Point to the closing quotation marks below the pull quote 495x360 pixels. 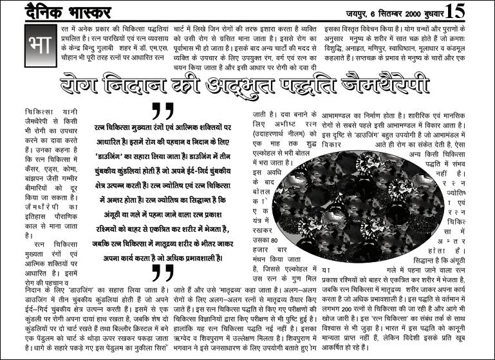pos(163,272)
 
